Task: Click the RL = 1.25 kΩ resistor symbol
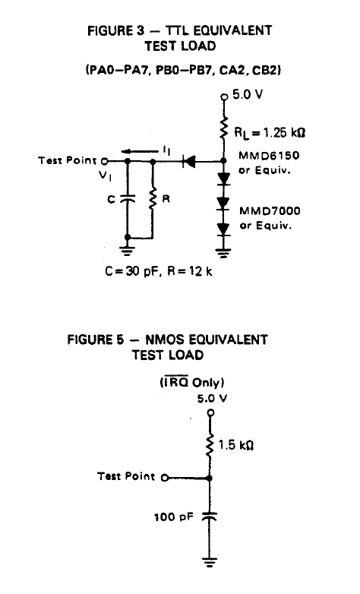[223, 128]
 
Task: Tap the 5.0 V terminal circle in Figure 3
[224, 97]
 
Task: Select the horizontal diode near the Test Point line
[189, 161]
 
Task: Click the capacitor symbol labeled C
[128, 198]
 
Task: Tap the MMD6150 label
[269, 155]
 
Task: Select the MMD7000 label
[270, 210]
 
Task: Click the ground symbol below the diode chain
[223, 253]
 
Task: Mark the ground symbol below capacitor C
[128, 250]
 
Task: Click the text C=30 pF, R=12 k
[159, 271]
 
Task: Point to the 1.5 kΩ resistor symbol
[210, 445]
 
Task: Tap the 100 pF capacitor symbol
[210, 516]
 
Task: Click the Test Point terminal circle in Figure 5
[165, 478]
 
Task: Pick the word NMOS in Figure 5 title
[165, 340]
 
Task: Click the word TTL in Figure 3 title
[177, 30]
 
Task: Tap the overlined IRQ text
[175, 382]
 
